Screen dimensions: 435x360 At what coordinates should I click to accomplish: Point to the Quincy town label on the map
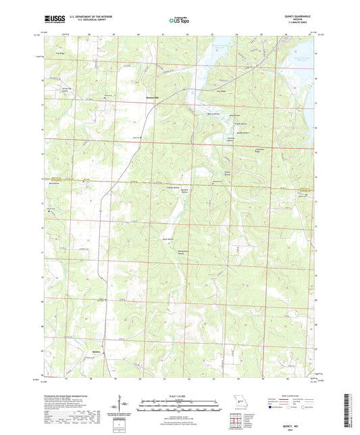pyautogui.click(x=97, y=350)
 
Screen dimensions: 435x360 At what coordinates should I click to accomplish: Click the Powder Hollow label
pyautogui.click(x=173, y=188)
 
